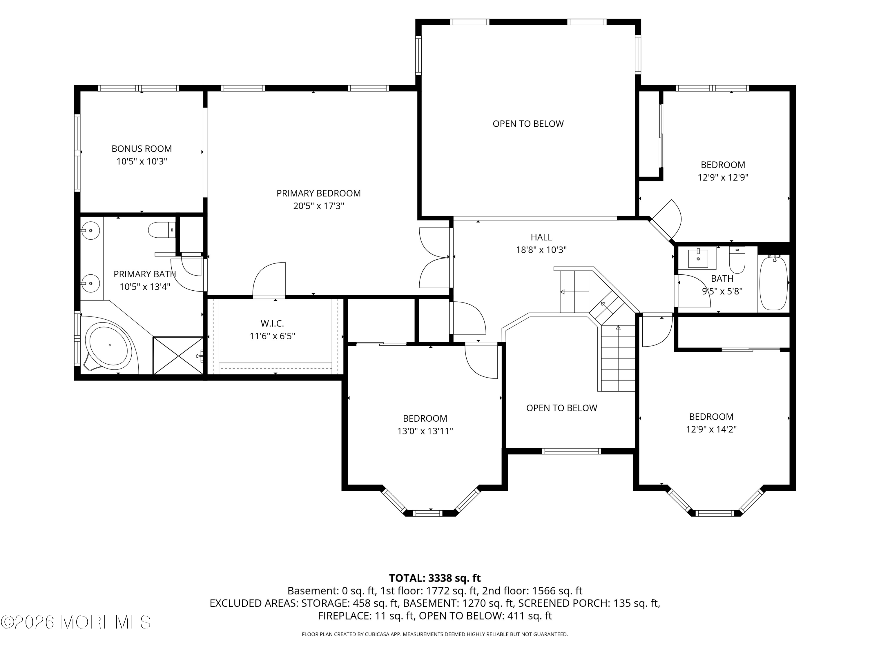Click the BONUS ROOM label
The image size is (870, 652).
[142, 149]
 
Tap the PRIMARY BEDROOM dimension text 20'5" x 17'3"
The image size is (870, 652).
[319, 206]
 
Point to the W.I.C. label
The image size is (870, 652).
[272, 323]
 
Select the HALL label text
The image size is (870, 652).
[541, 237]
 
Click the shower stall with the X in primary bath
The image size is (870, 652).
[178, 355]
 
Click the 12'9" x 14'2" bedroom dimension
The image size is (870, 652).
[711, 429]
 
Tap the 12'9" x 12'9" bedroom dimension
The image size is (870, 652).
[723, 177]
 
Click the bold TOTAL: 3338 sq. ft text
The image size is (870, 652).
[435, 578]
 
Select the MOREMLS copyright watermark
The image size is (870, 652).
[75, 622]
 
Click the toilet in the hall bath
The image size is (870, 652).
[737, 260]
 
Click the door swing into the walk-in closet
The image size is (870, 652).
[269, 280]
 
